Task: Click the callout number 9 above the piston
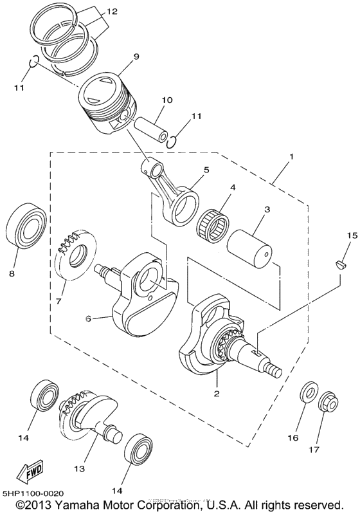tap(136, 57)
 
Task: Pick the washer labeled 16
tap(309, 393)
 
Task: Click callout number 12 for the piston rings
tap(112, 12)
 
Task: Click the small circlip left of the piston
tap(36, 63)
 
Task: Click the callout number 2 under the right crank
tap(217, 393)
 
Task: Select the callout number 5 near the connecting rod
tap(206, 170)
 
